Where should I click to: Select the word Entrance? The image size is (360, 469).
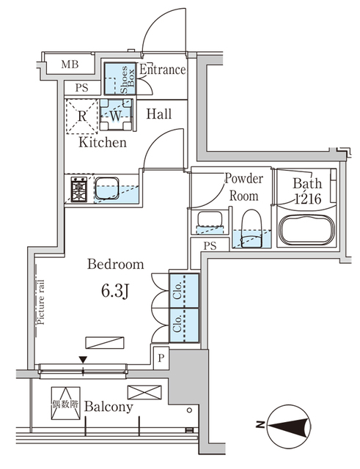click(x=162, y=70)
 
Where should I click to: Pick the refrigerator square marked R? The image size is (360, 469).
click(x=82, y=114)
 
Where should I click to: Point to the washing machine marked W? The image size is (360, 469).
click(x=116, y=114)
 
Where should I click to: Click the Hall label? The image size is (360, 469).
click(x=158, y=114)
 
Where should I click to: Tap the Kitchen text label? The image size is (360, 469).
click(x=103, y=142)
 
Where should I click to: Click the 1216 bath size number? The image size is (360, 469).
click(x=306, y=199)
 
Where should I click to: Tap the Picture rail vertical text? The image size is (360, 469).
click(x=42, y=302)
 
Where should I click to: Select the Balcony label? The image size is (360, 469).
click(x=108, y=407)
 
